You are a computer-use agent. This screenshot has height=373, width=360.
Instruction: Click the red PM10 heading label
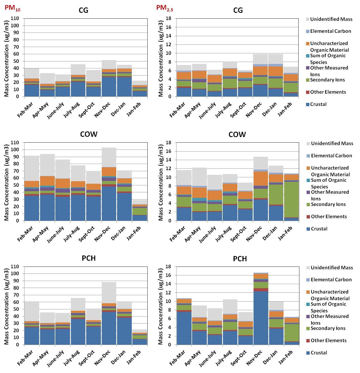(12, 8)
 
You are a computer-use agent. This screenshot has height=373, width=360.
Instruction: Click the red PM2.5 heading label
(164, 8)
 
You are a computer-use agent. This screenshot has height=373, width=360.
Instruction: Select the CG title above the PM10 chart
(83, 11)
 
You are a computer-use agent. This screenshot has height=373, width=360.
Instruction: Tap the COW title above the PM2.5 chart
(237, 135)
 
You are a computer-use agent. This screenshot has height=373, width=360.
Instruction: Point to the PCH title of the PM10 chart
(89, 258)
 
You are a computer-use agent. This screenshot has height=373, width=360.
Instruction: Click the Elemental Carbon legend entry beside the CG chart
(331, 31)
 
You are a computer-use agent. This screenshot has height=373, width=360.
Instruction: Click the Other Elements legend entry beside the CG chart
(328, 92)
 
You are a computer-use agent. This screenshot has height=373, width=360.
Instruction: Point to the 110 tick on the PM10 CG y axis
(15, 19)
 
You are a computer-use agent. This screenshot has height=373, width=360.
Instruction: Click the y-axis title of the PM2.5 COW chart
(161, 182)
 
